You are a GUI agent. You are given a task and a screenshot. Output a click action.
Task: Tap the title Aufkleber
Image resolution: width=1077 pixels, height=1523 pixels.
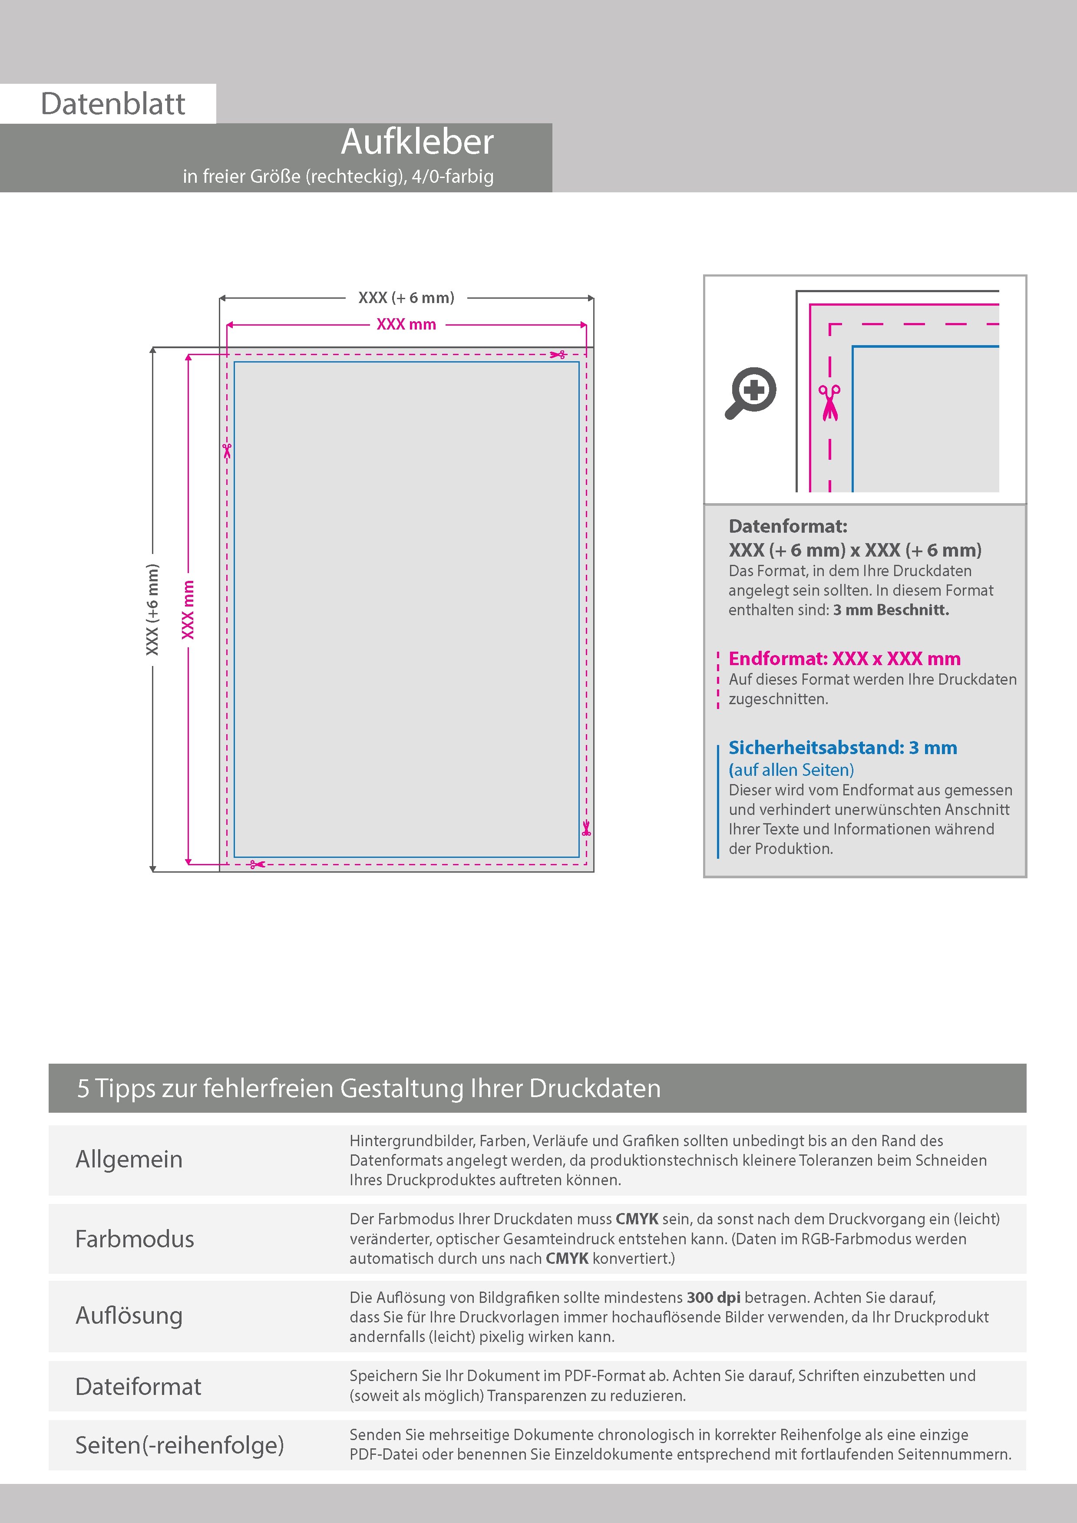(x=417, y=142)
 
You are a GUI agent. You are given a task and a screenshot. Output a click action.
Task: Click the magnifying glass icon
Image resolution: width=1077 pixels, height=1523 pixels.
(x=750, y=393)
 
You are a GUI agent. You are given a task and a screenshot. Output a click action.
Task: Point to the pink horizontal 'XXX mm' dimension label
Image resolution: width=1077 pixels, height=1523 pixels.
(x=406, y=324)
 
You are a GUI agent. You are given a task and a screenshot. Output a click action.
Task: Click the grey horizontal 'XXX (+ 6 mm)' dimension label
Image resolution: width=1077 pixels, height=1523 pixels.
(x=406, y=298)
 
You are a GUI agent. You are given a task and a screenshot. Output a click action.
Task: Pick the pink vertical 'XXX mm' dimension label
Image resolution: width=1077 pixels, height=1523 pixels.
(x=188, y=609)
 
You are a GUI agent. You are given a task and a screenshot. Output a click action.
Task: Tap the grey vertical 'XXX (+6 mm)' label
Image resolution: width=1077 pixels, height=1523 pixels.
(x=152, y=609)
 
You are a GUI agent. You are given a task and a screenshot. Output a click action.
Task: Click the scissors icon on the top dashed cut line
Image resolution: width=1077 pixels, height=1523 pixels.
(x=558, y=355)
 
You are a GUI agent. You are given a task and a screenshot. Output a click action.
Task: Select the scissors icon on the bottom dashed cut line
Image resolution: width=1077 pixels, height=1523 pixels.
(x=257, y=864)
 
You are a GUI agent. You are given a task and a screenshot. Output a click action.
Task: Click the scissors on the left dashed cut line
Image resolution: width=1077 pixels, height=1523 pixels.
(x=227, y=451)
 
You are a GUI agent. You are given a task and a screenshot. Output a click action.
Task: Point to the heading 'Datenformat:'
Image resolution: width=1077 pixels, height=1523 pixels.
(x=788, y=526)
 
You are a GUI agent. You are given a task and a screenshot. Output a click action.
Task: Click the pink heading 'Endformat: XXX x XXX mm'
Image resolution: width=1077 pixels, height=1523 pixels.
(x=844, y=659)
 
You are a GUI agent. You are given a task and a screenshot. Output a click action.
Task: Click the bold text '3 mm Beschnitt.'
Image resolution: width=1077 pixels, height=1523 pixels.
(x=891, y=610)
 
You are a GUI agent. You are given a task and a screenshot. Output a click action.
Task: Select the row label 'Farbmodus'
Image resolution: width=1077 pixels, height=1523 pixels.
(x=135, y=1239)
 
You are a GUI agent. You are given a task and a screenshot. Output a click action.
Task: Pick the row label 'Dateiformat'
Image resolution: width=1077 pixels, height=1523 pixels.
(x=138, y=1386)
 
